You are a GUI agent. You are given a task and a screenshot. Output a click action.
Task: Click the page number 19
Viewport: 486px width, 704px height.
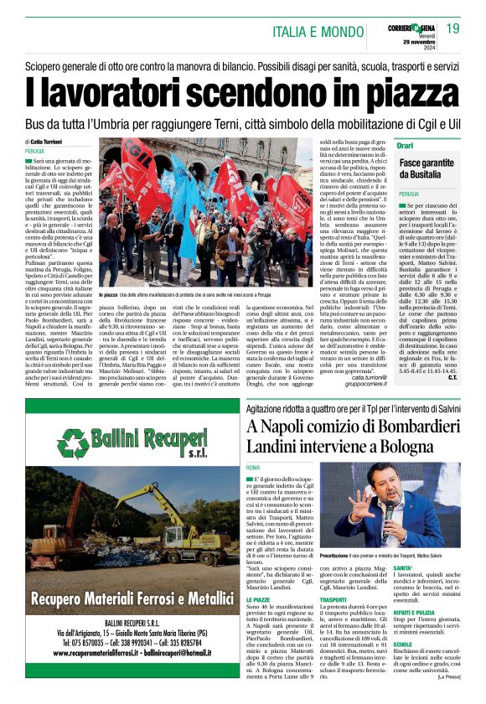pos(452,28)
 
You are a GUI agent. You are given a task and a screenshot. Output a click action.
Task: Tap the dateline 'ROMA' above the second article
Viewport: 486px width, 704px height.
pos(254,466)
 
